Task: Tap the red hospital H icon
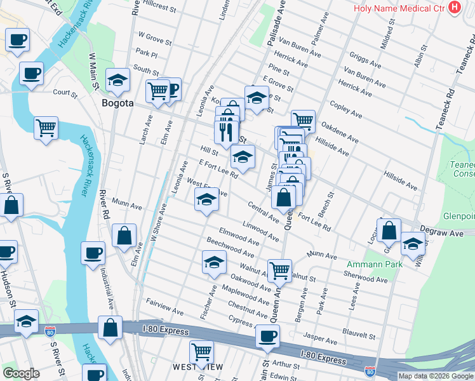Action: [x=454, y=8]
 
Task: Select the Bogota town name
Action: [x=117, y=102]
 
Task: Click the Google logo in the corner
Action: [x=21, y=373]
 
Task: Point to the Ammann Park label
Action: [x=366, y=264]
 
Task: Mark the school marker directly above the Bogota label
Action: [x=117, y=79]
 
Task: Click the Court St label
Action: [x=65, y=93]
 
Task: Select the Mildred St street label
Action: [x=389, y=37]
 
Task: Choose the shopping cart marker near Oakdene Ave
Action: [x=304, y=120]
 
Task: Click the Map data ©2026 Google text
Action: [x=435, y=376]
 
